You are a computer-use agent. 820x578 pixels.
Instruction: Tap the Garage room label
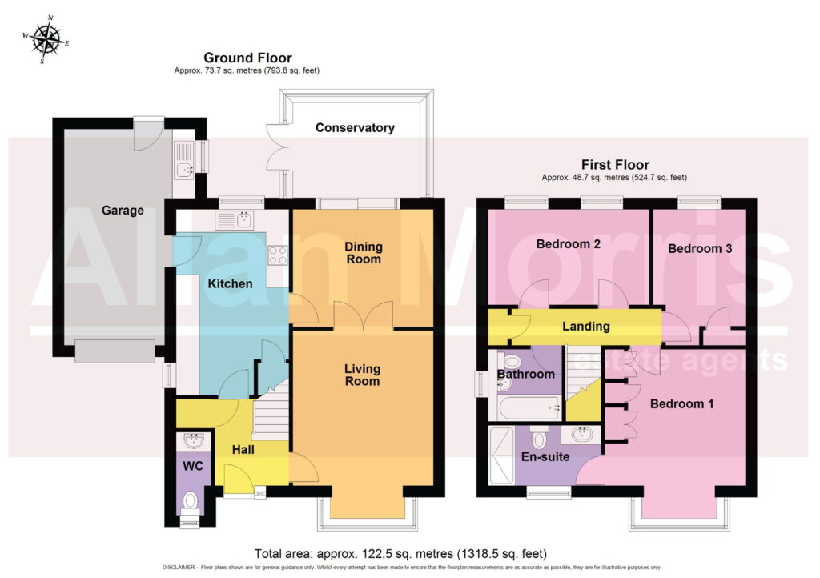click(123, 210)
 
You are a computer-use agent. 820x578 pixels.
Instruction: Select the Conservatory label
click(355, 127)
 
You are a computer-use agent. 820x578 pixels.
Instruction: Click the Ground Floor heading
click(247, 58)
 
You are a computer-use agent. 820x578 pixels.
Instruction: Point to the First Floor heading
click(615, 165)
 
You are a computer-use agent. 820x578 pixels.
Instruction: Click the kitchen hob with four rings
click(278, 256)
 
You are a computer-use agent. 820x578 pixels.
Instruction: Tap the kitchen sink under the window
click(235, 220)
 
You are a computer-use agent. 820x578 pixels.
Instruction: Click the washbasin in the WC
click(194, 440)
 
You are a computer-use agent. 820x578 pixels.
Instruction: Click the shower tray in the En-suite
click(501, 456)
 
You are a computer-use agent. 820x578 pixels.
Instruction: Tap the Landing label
click(585, 327)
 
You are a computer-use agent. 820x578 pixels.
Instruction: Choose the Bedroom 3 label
click(700, 248)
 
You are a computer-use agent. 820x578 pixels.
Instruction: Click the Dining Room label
click(364, 252)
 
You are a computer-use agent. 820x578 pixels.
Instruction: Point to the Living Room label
click(362, 375)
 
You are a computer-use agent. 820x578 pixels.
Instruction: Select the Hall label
click(243, 449)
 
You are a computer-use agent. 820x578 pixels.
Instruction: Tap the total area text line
click(400, 553)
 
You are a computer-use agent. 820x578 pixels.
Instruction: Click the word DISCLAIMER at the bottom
click(179, 568)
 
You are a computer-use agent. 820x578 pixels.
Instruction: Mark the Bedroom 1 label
click(681, 403)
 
